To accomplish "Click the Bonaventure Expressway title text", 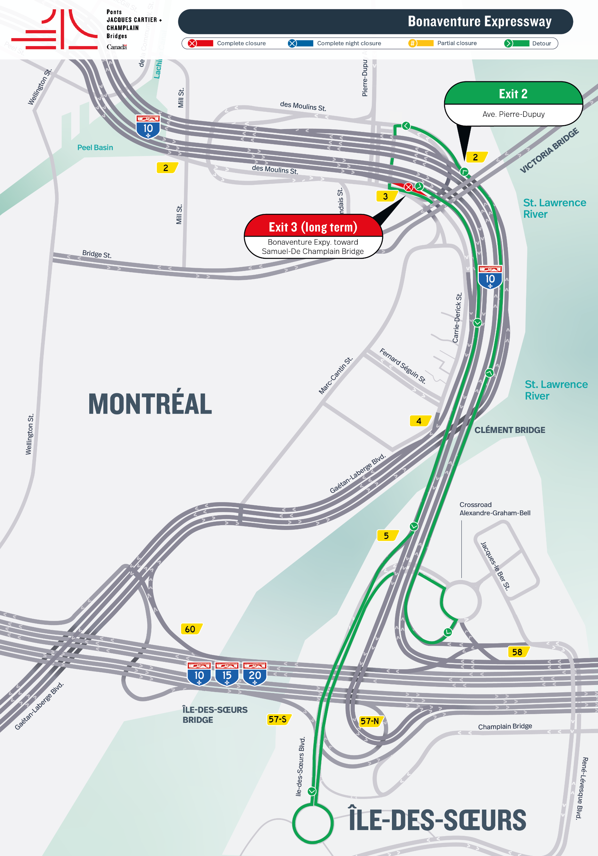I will (479, 22).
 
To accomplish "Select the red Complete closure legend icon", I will (192, 43).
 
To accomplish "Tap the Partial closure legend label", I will (457, 43).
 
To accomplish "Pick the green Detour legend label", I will (541, 43).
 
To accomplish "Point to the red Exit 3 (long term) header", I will (313, 227).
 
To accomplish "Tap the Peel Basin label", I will (95, 148).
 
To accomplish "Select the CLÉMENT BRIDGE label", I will (509, 430).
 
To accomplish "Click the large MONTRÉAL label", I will (150, 404).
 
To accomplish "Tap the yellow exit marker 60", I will (190, 629).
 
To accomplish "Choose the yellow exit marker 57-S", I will (278, 719).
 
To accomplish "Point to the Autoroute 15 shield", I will (227, 674).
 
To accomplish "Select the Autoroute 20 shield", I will (255, 674).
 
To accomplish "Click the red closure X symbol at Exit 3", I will (408, 187).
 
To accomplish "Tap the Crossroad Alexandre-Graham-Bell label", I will (494, 509).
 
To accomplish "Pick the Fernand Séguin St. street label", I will (403, 366).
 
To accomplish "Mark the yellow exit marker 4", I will (419, 421).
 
